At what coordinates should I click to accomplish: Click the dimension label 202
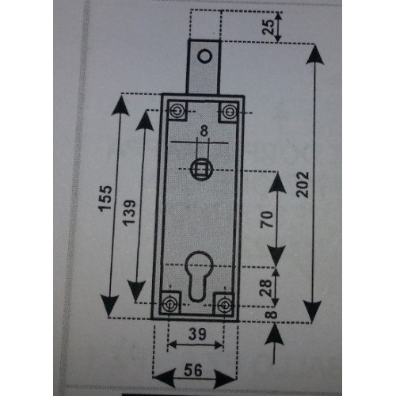303,185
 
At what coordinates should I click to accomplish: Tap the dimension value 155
105,199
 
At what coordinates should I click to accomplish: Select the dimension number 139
129,213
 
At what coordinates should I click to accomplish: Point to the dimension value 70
267,219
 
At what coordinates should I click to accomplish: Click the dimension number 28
266,287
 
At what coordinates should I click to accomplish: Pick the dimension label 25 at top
268,27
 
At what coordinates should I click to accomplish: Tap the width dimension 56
193,370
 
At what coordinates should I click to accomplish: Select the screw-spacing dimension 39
197,334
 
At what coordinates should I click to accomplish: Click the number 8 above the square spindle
204,131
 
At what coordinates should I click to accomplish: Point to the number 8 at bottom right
272,314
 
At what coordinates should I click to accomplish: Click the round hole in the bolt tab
205,56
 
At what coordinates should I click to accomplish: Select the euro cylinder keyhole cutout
199,275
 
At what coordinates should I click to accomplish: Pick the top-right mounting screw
229,112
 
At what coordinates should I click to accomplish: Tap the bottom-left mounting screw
169,304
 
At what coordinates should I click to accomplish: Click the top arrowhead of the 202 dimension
315,54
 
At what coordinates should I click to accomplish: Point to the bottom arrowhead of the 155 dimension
109,306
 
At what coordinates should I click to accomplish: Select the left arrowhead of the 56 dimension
164,379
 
